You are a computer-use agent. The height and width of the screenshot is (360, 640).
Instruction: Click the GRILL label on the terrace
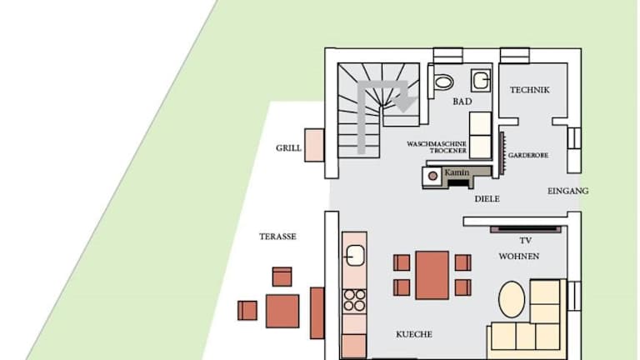(x=288, y=148)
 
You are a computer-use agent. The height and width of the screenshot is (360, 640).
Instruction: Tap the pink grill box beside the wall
(x=314, y=145)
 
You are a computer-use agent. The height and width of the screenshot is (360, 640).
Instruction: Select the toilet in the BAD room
(x=442, y=82)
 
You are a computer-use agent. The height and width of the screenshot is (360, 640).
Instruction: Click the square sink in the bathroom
(x=480, y=80)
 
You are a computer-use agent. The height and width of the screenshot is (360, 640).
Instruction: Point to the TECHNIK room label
(x=529, y=90)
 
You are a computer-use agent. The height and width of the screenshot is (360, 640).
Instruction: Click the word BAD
(x=462, y=101)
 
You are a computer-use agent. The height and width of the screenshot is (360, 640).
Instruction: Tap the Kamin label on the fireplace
(x=457, y=172)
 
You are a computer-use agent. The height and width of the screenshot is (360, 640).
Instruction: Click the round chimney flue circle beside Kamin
(x=432, y=176)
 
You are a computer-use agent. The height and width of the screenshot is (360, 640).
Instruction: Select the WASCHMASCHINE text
(x=437, y=144)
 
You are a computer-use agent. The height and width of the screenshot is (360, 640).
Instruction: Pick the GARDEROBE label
(x=528, y=155)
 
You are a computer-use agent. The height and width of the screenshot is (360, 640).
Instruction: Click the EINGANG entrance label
(x=567, y=191)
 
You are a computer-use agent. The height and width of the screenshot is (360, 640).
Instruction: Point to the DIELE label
(x=487, y=199)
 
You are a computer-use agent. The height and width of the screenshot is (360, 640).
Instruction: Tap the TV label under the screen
(x=525, y=240)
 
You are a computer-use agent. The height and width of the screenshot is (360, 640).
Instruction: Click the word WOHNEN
(x=519, y=257)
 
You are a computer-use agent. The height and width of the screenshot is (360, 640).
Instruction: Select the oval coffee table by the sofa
(x=512, y=299)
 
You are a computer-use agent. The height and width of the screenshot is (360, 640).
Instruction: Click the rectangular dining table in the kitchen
(x=432, y=275)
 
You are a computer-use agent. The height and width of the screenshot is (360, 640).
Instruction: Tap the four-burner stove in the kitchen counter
(x=354, y=300)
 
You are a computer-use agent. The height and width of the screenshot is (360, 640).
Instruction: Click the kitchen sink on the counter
(x=355, y=256)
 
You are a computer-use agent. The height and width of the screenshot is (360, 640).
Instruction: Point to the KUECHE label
(x=414, y=334)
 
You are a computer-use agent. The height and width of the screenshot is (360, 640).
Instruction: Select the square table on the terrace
(x=282, y=311)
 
